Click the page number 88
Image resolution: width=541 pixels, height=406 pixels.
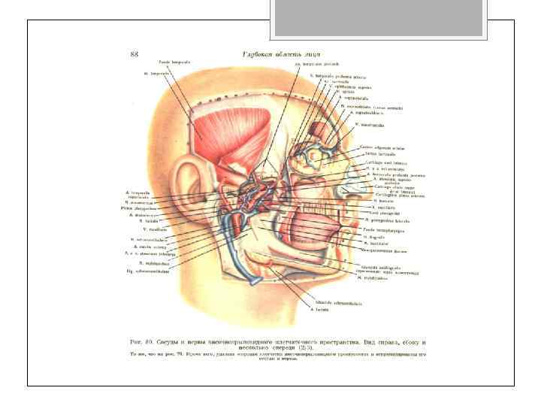click(x=134, y=54)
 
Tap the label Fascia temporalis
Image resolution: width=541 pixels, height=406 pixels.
click(x=173, y=62)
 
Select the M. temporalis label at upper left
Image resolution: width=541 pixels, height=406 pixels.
click(x=155, y=74)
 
